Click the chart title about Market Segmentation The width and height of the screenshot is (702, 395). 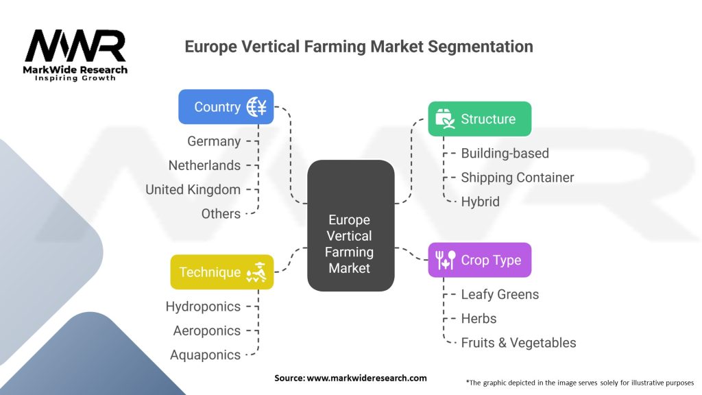(x=359, y=47)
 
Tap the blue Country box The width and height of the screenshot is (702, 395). (x=226, y=106)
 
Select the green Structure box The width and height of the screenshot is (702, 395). (x=479, y=119)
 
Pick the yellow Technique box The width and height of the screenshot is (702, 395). (x=221, y=272)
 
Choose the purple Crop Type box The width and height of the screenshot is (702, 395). (x=479, y=260)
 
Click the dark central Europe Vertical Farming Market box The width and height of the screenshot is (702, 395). (x=350, y=243)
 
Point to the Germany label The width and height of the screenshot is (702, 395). (x=214, y=141)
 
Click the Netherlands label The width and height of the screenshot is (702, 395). (x=204, y=165)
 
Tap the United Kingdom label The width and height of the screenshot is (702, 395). (x=193, y=189)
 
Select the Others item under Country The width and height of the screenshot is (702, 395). (x=221, y=213)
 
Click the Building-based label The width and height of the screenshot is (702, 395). (x=505, y=153)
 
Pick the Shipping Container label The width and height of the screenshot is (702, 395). (x=517, y=177)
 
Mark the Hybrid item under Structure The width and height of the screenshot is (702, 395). (x=480, y=201)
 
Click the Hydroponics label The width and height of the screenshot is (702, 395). (x=203, y=307)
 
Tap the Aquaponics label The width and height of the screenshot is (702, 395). (x=206, y=355)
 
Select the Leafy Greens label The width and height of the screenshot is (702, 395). (x=500, y=294)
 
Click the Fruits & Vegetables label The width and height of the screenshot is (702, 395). (x=518, y=342)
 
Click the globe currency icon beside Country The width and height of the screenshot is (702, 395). (x=256, y=106)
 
